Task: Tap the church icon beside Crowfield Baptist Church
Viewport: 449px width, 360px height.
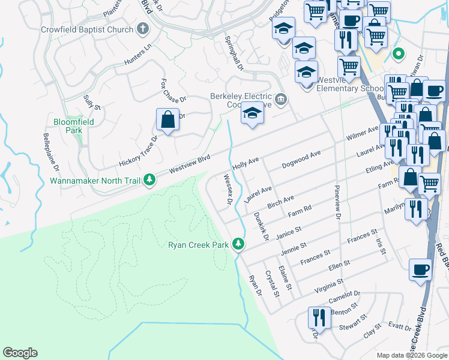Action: (x=143, y=29)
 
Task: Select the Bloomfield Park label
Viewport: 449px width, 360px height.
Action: (x=67, y=125)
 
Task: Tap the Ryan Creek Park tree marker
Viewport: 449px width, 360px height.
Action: (x=239, y=244)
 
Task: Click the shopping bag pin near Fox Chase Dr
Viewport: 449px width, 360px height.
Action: (x=167, y=120)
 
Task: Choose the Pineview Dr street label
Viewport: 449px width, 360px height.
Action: (x=337, y=199)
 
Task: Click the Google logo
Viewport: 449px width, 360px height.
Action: (x=20, y=353)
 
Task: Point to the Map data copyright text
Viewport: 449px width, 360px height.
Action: (x=412, y=355)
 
